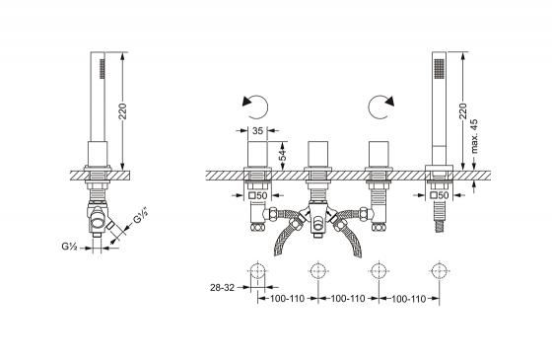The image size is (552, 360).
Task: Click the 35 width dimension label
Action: click(257, 130)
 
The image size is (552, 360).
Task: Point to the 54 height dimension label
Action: click(282, 156)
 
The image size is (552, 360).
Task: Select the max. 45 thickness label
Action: click(474, 136)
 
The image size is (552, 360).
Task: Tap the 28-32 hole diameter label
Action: click(222, 288)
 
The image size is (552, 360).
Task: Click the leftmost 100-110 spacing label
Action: click(287, 299)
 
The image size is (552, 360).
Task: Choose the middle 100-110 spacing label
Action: click(348, 299)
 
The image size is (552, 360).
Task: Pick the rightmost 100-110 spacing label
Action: click(409, 299)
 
